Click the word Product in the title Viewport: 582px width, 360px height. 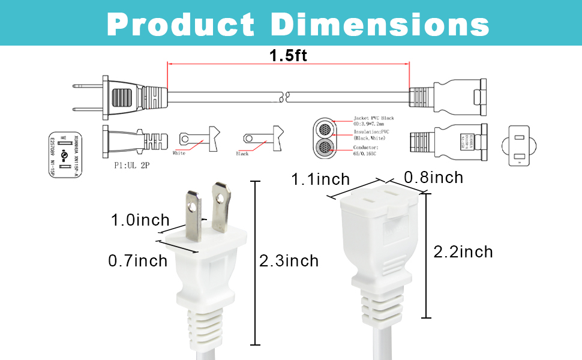[x=181, y=24]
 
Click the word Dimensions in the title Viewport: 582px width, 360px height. [x=380, y=24]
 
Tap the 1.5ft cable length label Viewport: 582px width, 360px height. [x=288, y=56]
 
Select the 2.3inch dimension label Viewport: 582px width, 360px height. [x=289, y=261]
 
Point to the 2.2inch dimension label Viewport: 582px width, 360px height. [x=463, y=251]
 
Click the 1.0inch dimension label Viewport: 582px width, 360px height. [x=140, y=220]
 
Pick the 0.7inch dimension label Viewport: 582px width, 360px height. [x=137, y=261]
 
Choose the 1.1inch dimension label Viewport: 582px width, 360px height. [x=320, y=179]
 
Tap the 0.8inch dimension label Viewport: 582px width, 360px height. [x=433, y=178]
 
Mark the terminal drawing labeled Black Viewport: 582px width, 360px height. [x=263, y=139]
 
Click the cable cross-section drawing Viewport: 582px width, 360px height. [x=327, y=139]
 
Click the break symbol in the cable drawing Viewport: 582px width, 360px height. [x=287, y=95]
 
